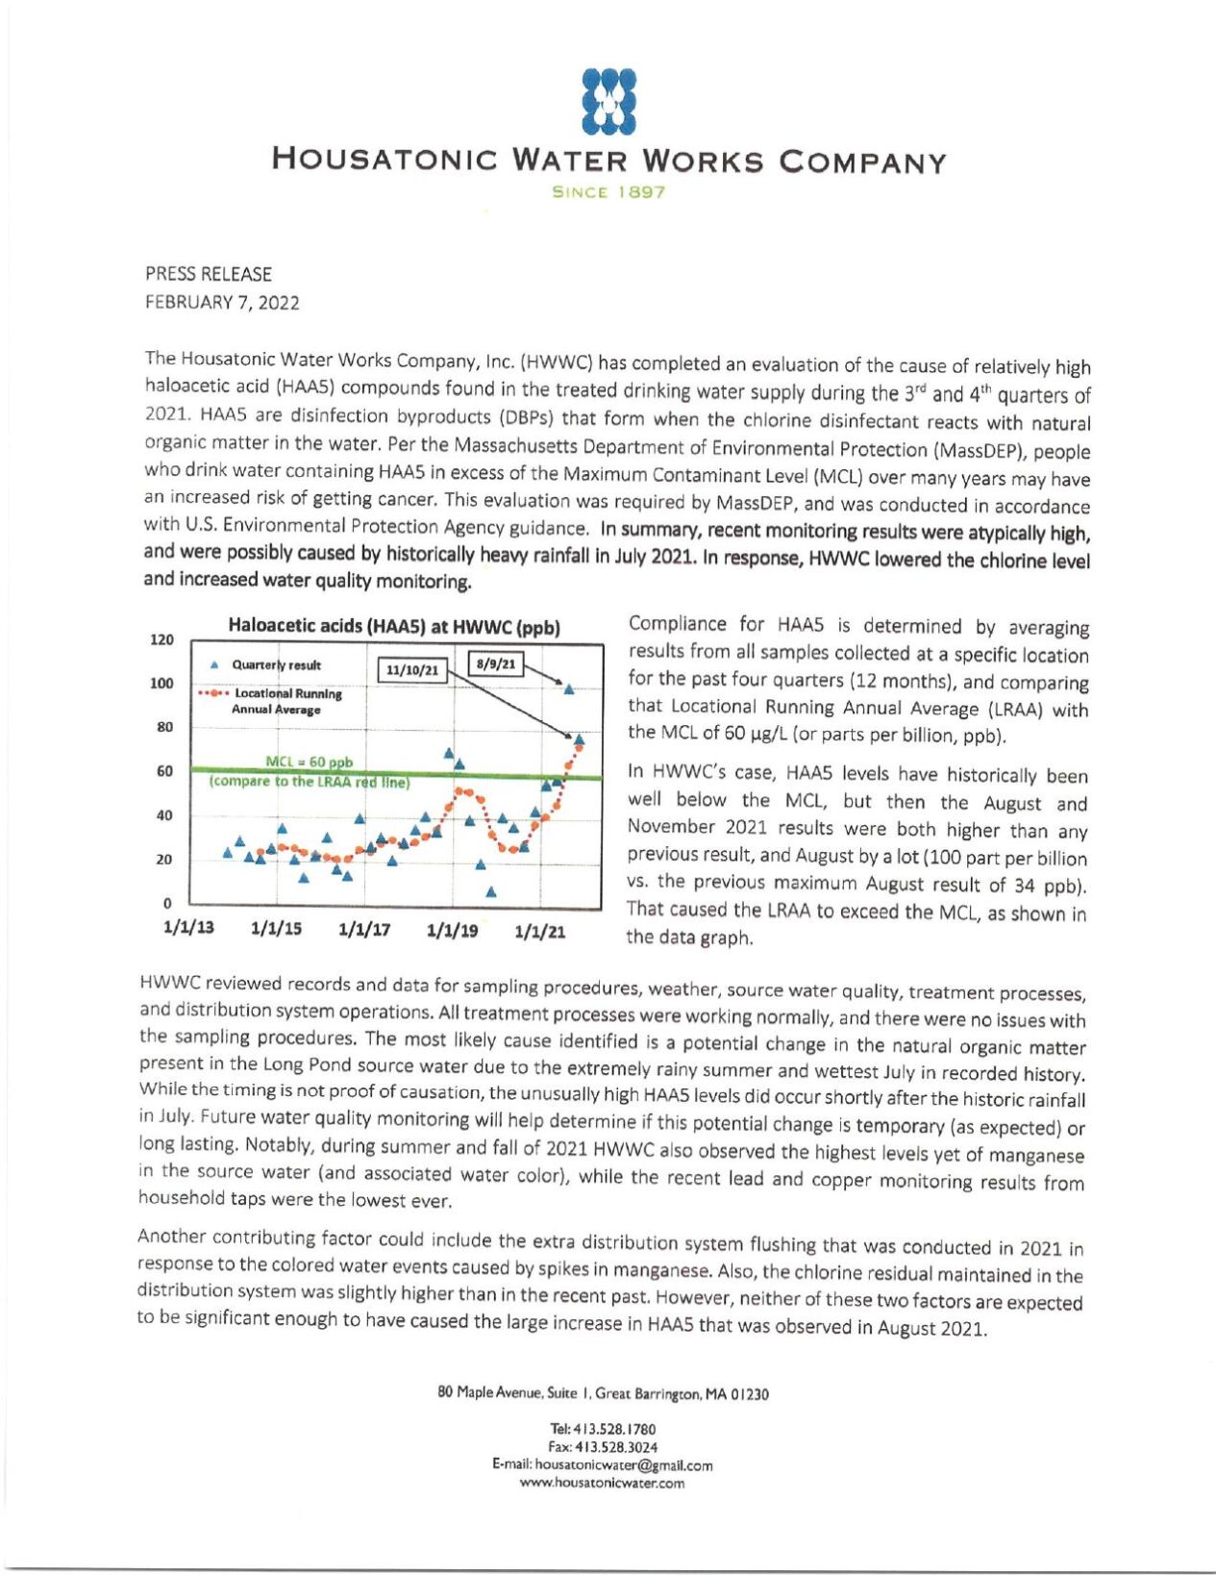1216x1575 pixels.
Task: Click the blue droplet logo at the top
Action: click(609, 100)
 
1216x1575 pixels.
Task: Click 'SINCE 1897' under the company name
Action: click(608, 191)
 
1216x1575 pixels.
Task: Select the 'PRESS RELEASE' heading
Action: click(209, 274)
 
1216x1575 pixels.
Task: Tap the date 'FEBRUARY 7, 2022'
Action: click(222, 303)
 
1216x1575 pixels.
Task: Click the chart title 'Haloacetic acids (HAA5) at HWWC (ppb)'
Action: click(393, 627)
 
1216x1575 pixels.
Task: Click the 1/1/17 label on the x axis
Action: click(364, 931)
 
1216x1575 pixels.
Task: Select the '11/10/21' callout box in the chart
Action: click(411, 669)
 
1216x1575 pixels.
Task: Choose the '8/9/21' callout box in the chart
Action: click(496, 663)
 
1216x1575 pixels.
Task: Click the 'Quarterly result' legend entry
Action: click(275, 665)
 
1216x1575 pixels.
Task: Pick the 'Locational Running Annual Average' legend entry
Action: click(286, 701)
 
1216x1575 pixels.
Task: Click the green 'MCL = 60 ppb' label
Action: click(309, 762)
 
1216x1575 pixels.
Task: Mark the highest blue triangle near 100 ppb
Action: click(569, 688)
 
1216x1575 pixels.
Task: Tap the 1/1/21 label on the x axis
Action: click(540, 931)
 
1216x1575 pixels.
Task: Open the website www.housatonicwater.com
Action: click(603, 1484)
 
